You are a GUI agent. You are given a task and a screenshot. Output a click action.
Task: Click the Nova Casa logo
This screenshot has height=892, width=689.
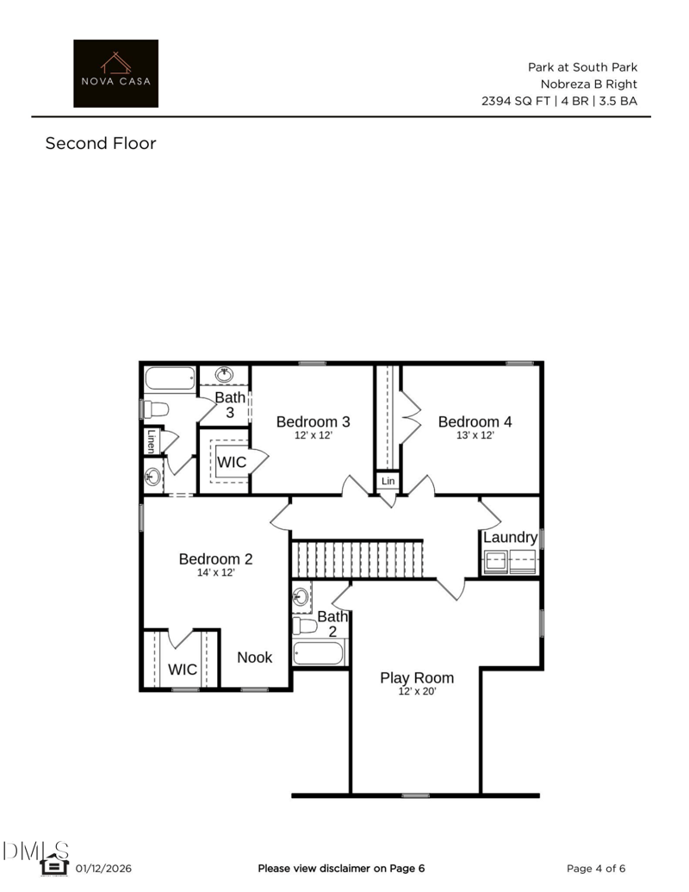tap(116, 73)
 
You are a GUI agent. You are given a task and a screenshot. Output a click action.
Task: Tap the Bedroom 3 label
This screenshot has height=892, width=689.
tap(313, 421)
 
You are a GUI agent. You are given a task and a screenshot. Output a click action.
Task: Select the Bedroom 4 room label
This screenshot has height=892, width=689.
tap(475, 421)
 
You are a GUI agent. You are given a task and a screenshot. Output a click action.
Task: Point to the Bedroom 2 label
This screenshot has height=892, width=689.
tap(216, 558)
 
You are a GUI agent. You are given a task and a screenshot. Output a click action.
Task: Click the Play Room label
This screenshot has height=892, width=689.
tap(417, 678)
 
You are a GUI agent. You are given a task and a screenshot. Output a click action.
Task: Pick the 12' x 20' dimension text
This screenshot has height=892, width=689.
tap(417, 692)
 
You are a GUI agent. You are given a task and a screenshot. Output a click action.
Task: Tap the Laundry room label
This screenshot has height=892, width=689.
tap(511, 538)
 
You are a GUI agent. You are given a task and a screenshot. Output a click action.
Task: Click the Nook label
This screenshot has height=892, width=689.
tap(255, 658)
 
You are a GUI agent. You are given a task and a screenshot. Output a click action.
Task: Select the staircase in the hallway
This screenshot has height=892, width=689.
tap(357, 559)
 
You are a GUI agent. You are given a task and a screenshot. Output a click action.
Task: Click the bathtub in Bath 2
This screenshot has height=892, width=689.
tap(319, 653)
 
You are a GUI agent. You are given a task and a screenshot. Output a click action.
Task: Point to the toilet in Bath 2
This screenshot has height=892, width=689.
tap(305, 626)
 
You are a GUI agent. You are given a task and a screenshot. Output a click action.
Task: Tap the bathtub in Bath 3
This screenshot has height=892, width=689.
tap(170, 379)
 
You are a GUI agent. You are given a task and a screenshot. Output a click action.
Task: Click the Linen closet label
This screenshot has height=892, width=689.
tap(152, 441)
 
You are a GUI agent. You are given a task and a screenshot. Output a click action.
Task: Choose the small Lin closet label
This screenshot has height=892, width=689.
tap(388, 481)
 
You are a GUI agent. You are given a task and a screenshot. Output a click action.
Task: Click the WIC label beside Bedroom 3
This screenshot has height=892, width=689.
tap(232, 462)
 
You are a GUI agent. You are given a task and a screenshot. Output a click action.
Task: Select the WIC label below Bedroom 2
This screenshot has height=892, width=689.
tap(183, 670)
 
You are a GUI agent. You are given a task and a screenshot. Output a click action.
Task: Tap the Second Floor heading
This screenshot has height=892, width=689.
tap(101, 143)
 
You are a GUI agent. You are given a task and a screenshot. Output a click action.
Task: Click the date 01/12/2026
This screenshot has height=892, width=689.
tap(103, 869)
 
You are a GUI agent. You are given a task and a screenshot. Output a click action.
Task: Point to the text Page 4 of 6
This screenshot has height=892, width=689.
tap(596, 869)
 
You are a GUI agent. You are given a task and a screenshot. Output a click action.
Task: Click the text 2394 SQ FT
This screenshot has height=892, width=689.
tap(516, 101)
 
